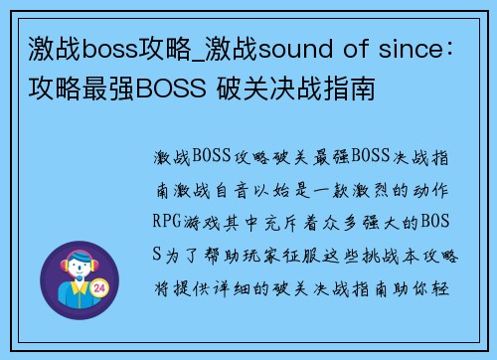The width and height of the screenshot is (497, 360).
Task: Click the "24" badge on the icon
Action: pos(100,288)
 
